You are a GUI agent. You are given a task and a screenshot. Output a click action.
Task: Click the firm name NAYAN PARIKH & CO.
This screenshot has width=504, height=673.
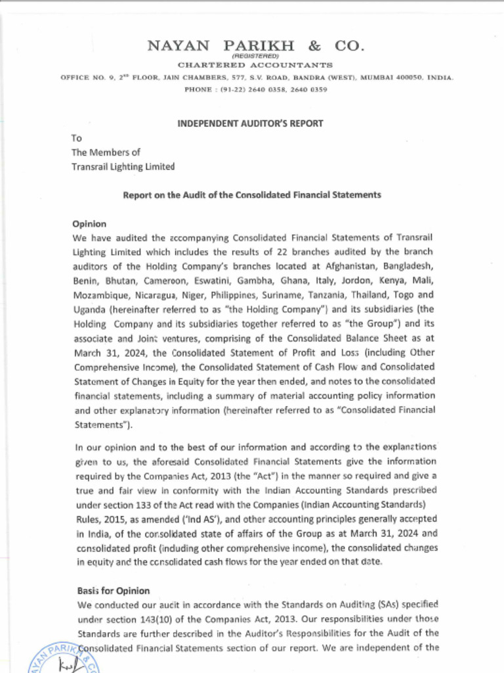[x=256, y=46]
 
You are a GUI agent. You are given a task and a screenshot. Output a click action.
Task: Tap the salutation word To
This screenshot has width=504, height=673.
[x=77, y=138]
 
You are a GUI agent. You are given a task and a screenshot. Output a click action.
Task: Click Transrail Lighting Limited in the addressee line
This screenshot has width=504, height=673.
[x=123, y=167]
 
